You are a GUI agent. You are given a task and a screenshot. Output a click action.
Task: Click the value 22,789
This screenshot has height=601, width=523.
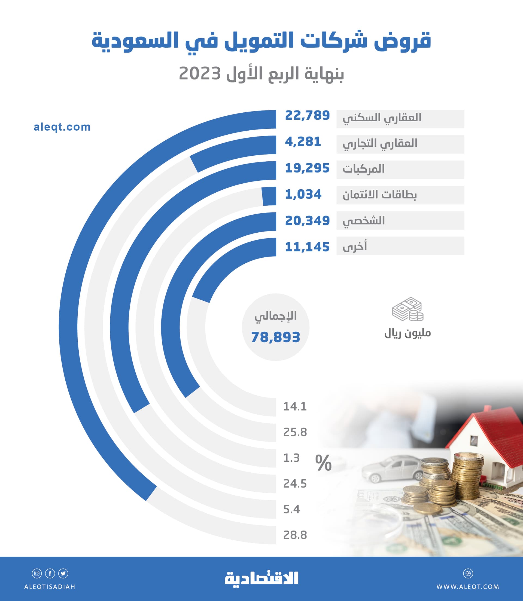tap(307, 115)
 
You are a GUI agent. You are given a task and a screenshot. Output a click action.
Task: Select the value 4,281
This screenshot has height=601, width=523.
tap(303, 142)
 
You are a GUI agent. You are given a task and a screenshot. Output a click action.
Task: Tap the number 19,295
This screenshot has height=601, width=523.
tap(307, 168)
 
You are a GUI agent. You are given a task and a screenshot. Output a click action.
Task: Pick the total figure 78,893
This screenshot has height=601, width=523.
tap(275, 337)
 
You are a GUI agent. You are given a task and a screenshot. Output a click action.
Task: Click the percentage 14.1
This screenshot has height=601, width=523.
tap(295, 406)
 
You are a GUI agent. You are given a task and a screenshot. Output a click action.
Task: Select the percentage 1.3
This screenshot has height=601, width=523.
tap(291, 458)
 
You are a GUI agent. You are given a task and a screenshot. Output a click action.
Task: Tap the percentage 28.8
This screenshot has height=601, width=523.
tap(295, 535)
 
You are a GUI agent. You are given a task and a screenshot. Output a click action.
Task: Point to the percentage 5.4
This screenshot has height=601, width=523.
tap(291, 510)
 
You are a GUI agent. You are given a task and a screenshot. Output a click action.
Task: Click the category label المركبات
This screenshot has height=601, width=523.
tap(363, 169)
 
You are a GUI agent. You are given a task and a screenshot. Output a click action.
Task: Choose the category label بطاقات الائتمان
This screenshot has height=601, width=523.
tap(379, 195)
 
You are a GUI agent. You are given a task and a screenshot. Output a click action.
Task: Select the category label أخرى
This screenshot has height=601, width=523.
tap(355, 246)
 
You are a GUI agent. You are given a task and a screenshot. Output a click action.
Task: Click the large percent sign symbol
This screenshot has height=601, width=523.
tap(323, 463)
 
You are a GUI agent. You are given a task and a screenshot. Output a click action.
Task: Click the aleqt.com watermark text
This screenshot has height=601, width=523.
tap(62, 127)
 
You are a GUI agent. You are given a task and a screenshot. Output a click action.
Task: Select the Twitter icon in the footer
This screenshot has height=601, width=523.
tap(63, 574)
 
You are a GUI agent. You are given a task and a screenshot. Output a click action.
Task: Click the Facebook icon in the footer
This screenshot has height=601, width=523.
tap(50, 574)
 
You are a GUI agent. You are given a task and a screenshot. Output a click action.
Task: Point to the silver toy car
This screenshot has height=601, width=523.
tap(391, 468)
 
